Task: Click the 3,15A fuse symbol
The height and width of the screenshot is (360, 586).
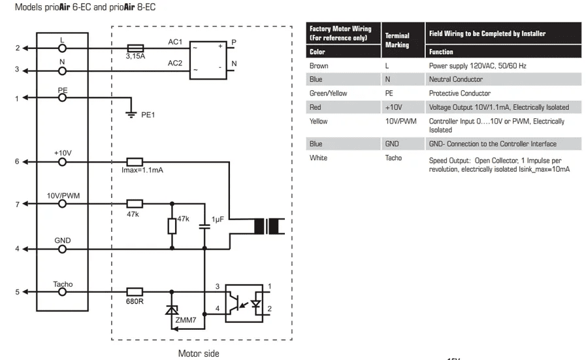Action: tap(135, 48)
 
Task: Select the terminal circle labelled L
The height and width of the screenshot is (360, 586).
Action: tap(63, 48)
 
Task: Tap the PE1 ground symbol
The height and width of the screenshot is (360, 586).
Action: tap(131, 114)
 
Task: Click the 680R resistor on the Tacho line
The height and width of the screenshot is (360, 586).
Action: tap(135, 292)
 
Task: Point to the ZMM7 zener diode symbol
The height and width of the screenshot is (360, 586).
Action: tap(172, 310)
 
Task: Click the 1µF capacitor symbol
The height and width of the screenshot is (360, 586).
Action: tap(204, 226)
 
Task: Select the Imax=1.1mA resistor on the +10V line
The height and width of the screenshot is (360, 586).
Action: tap(135, 162)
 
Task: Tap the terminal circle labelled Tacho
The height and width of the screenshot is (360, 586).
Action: tap(63, 292)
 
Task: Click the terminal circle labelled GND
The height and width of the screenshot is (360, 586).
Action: tap(63, 249)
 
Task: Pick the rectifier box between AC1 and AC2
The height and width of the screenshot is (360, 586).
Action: tap(208, 60)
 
